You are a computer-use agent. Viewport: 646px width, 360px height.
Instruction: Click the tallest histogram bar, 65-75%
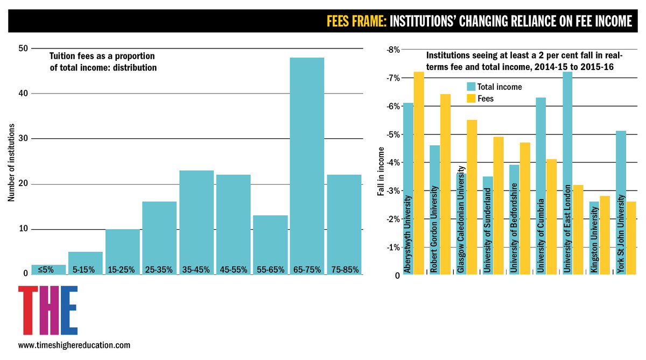pos(307,166)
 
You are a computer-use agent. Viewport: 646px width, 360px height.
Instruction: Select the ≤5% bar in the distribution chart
pos(48,270)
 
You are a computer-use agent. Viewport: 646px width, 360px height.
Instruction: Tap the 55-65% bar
pos(270,245)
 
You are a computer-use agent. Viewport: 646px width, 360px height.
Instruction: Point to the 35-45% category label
pos(196,270)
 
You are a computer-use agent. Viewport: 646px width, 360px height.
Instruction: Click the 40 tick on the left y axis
pos(23,94)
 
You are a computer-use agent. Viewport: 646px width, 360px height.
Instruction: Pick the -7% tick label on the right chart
pos(393,78)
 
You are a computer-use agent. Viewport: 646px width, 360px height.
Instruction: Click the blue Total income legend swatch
pos(471,87)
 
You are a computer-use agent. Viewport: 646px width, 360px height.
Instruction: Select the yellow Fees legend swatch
pos(471,98)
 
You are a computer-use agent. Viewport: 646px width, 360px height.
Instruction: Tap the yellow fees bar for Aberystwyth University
pos(419,173)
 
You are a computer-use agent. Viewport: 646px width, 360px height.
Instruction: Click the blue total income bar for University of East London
pos(567,173)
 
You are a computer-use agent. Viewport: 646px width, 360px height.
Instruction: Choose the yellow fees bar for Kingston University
pos(605,235)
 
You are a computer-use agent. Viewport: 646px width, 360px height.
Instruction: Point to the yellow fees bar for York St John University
pos(631,238)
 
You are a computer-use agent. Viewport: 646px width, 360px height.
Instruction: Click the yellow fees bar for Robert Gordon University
pos(445,185)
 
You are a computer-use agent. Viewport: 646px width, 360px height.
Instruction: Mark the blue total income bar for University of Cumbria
pos(540,186)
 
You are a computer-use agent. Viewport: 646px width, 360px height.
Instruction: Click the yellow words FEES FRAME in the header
pos(356,21)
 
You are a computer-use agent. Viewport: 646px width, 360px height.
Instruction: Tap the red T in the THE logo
pos(28,310)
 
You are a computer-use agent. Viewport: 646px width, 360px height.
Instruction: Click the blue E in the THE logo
pos(69,310)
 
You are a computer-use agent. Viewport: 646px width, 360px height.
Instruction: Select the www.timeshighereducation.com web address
pos(74,345)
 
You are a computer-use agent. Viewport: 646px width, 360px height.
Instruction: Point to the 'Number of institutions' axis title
pos(11,163)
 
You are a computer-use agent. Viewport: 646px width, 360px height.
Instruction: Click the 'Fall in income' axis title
pos(381,172)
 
